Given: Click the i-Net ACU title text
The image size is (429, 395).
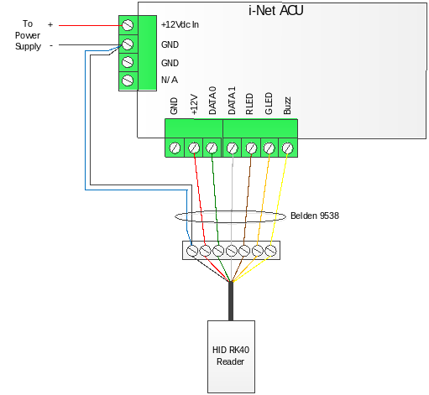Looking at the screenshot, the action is click(275, 11).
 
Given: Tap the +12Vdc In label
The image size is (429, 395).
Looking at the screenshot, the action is click(180, 24).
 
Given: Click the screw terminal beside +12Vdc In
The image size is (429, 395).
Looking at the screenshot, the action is click(128, 25).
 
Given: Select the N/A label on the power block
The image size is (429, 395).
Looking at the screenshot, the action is click(170, 80).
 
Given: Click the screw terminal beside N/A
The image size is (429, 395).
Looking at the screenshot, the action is click(128, 81).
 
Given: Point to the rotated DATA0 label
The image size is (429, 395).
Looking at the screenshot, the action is click(212, 101).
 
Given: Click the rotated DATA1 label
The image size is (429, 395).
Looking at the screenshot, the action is click(232, 101).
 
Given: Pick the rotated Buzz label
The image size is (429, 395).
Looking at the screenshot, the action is click(287, 106).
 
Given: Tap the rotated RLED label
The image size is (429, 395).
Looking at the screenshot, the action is click(249, 104).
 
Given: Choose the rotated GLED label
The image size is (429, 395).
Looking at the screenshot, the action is click(269, 103).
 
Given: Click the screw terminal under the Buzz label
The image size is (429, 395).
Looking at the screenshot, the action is click(288, 148).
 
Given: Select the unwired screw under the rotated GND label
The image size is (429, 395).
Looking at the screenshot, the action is click(175, 148).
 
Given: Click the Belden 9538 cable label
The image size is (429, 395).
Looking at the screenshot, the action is click(315, 216).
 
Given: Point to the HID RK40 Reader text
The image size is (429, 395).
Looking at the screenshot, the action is click(231, 356).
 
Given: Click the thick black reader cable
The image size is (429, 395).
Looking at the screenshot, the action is click(231, 301).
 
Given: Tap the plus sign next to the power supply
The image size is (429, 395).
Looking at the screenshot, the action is click(50, 24).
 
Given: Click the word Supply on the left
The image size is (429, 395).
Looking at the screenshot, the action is click(28, 46).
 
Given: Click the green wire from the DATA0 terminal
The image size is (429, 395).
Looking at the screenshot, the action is click(215, 199).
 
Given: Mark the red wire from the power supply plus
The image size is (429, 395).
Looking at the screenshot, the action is click(91, 25).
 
